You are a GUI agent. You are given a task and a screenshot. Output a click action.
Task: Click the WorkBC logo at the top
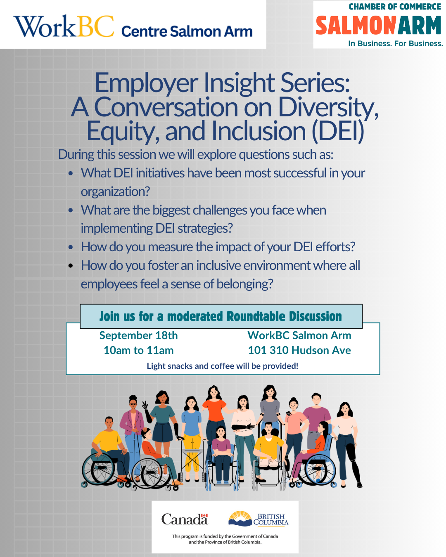coord(64,26)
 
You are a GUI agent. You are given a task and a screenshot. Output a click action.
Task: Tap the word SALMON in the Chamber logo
coord(356,25)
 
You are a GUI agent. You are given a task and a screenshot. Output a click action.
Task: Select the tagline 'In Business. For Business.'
coord(396,43)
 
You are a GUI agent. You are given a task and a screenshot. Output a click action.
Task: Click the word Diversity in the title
coord(328,107)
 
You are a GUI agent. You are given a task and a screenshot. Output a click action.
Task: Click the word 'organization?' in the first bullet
coord(115,192)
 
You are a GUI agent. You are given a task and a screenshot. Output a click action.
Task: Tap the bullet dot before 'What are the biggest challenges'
coord(71,210)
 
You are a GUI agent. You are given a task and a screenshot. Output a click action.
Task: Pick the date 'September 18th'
coord(138,335)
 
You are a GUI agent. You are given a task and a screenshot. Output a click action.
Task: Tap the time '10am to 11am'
coord(139,350)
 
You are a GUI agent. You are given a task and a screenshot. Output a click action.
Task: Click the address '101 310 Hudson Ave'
coord(299,350)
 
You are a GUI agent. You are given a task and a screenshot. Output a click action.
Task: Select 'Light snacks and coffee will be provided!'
coord(222,366)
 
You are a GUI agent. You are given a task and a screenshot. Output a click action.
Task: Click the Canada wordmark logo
coord(185,519)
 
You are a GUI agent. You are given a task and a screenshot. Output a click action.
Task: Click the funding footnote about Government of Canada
coord(225,539)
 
